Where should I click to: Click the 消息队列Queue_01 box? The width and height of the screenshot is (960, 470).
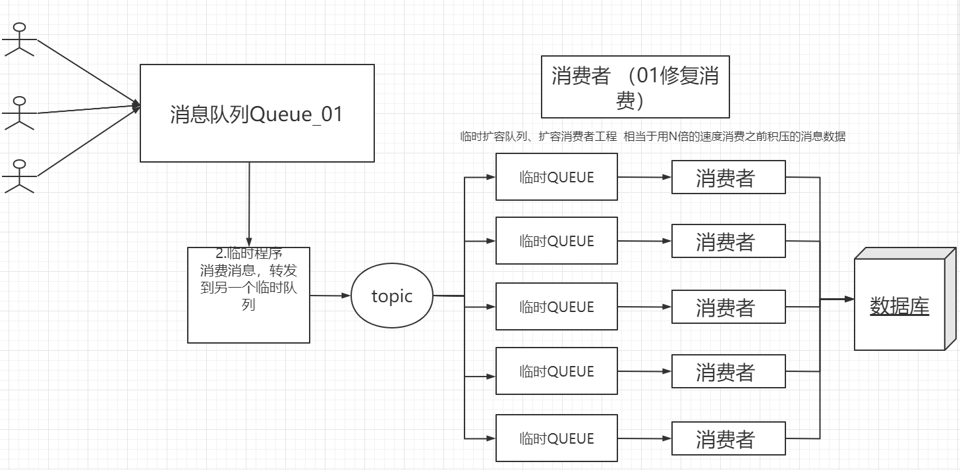point(257,113)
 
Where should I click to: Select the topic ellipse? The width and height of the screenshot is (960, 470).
point(392,296)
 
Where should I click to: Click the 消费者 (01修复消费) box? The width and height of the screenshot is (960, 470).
point(635,87)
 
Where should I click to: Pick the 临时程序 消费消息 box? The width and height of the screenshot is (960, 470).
point(248,295)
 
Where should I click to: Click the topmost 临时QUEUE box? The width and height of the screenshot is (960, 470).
point(557,177)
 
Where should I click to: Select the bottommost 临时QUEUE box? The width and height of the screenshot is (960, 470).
point(557,438)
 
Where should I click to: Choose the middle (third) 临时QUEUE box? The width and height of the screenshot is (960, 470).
point(557,307)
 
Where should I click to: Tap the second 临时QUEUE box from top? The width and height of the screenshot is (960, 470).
point(557,241)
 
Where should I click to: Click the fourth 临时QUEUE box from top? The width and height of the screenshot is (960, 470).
point(557,371)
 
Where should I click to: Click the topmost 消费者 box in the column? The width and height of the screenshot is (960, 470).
point(728,178)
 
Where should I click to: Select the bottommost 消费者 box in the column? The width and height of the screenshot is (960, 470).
point(728,439)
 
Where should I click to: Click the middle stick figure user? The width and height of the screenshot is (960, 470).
point(20,113)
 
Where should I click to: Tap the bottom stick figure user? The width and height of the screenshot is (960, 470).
point(20,176)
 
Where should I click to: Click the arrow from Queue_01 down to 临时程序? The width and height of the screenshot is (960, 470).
point(249,204)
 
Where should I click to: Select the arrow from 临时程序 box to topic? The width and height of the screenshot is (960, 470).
point(329,296)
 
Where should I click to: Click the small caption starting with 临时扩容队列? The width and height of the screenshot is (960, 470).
point(652,137)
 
